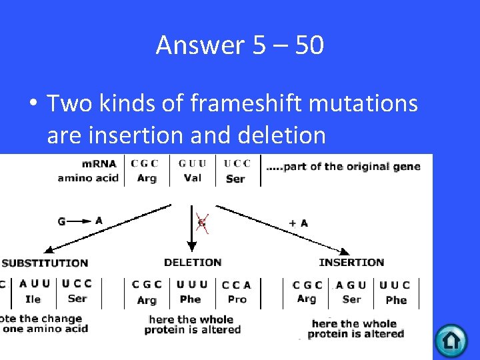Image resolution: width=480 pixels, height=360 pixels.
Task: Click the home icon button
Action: pos(451,341)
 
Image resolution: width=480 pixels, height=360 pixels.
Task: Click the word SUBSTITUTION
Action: pos(45,263)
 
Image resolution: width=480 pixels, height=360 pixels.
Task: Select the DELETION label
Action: pos(193,262)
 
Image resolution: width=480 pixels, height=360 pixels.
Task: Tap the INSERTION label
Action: pos(351,262)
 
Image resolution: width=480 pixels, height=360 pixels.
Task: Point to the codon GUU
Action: pos(192,163)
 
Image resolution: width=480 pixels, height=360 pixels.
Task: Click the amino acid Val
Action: pos(192,178)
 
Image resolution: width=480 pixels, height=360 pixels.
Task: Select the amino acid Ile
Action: pos(33,299)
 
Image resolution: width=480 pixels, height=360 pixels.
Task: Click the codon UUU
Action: pos(192,284)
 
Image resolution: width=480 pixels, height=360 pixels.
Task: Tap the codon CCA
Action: pos(237,284)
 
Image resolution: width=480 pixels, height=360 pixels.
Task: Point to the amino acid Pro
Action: pos(237,299)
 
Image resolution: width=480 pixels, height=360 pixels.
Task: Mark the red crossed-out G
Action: pos(202,222)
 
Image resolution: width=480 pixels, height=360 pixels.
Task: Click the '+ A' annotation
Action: pos(298,223)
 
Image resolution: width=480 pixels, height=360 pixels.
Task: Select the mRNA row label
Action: pos(99,163)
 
